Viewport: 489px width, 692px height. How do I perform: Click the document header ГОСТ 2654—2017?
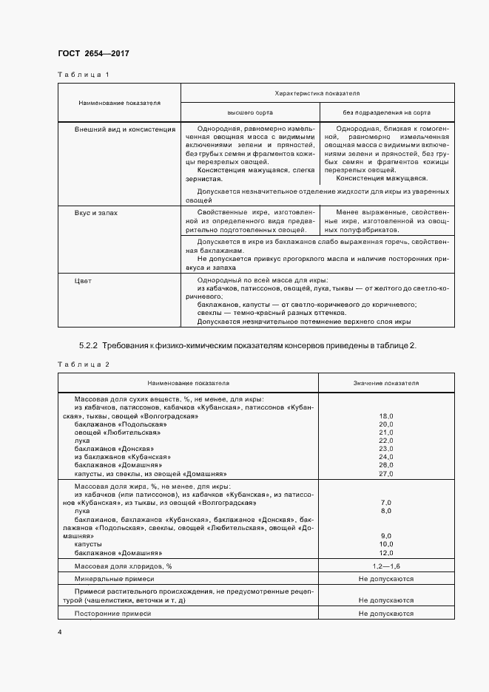point(93,54)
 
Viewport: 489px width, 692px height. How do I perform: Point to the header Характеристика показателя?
point(317,94)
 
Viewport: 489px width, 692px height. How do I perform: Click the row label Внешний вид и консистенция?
point(124,129)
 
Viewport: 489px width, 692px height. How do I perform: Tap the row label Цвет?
point(83,282)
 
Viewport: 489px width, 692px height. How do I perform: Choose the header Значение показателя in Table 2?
point(385,384)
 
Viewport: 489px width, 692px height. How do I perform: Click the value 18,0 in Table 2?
point(385,417)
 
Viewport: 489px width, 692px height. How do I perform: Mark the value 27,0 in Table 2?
point(385,473)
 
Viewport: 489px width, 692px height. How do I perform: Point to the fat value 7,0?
point(385,502)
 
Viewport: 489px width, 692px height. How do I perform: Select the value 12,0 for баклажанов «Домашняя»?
point(385,552)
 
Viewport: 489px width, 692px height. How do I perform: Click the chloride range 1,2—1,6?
point(385,566)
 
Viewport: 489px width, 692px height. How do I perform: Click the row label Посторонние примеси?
point(112,614)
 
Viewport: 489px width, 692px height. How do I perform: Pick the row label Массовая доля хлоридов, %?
point(123,566)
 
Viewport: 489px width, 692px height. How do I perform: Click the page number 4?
point(59,632)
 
